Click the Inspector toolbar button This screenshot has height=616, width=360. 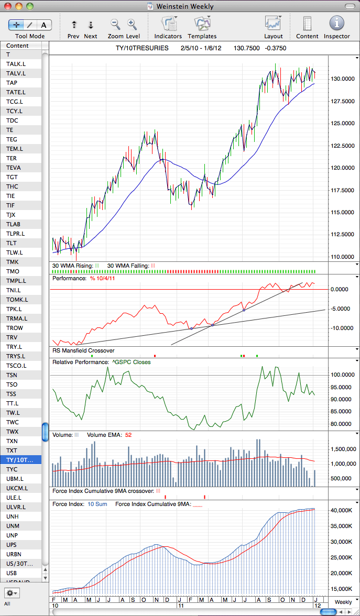pyautogui.click(x=337, y=24)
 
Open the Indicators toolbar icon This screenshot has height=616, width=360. pyautogui.click(x=169, y=24)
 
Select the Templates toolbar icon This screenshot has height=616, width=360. pyautogui.click(x=202, y=24)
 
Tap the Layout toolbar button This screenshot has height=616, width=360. pyautogui.click(x=273, y=24)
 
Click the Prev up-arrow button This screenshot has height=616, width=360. pyautogui.click(x=73, y=25)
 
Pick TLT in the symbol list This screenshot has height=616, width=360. pyautogui.click(x=12, y=243)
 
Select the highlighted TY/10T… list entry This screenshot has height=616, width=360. pyautogui.click(x=23, y=460)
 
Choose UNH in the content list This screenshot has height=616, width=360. pyautogui.click(x=12, y=516)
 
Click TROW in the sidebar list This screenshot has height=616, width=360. pyautogui.click(x=15, y=328)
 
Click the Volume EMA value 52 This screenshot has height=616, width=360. pyautogui.click(x=128, y=435)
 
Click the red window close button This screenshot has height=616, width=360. pyautogui.click(x=8, y=6)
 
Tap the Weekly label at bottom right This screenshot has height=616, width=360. pyautogui.click(x=343, y=602)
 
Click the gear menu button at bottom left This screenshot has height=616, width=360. pyautogui.click(x=12, y=592)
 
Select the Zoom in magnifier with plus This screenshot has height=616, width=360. pyautogui.click(x=132, y=24)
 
